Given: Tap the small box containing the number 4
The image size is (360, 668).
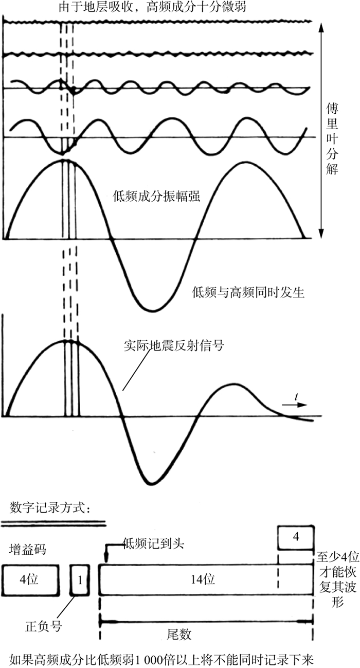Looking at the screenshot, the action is (295, 537).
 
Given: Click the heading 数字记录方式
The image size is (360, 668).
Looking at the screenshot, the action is (50, 508).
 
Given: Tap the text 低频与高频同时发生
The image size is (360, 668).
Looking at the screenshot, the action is (248, 293).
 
